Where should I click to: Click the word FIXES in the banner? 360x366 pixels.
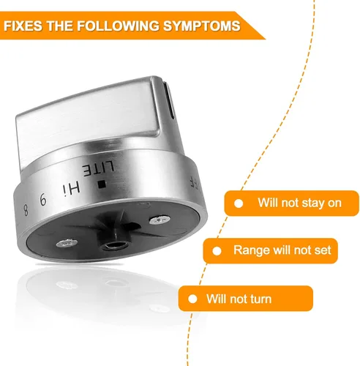23,26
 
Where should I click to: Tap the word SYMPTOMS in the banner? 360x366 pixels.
201,26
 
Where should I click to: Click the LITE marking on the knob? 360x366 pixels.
98,169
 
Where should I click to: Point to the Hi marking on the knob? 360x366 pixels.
71,188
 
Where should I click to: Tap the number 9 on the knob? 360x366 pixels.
43,199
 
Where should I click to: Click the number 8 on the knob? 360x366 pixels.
26,209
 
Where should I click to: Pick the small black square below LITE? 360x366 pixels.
102,184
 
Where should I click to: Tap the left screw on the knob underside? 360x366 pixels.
67,243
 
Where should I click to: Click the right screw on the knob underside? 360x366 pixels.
159,220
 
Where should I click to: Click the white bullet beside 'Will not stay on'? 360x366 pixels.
239,203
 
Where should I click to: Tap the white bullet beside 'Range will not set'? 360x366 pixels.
217,251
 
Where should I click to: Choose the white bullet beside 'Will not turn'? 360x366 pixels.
192,299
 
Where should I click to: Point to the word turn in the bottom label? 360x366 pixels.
260,299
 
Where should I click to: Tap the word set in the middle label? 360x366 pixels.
322,250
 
